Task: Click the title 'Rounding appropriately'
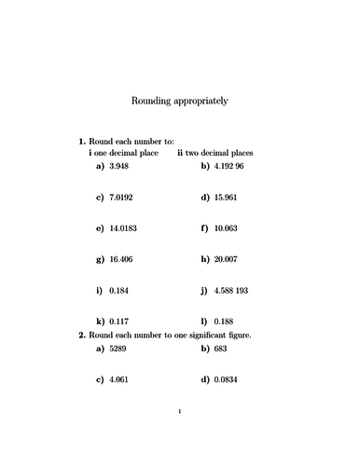[x=179, y=98]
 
